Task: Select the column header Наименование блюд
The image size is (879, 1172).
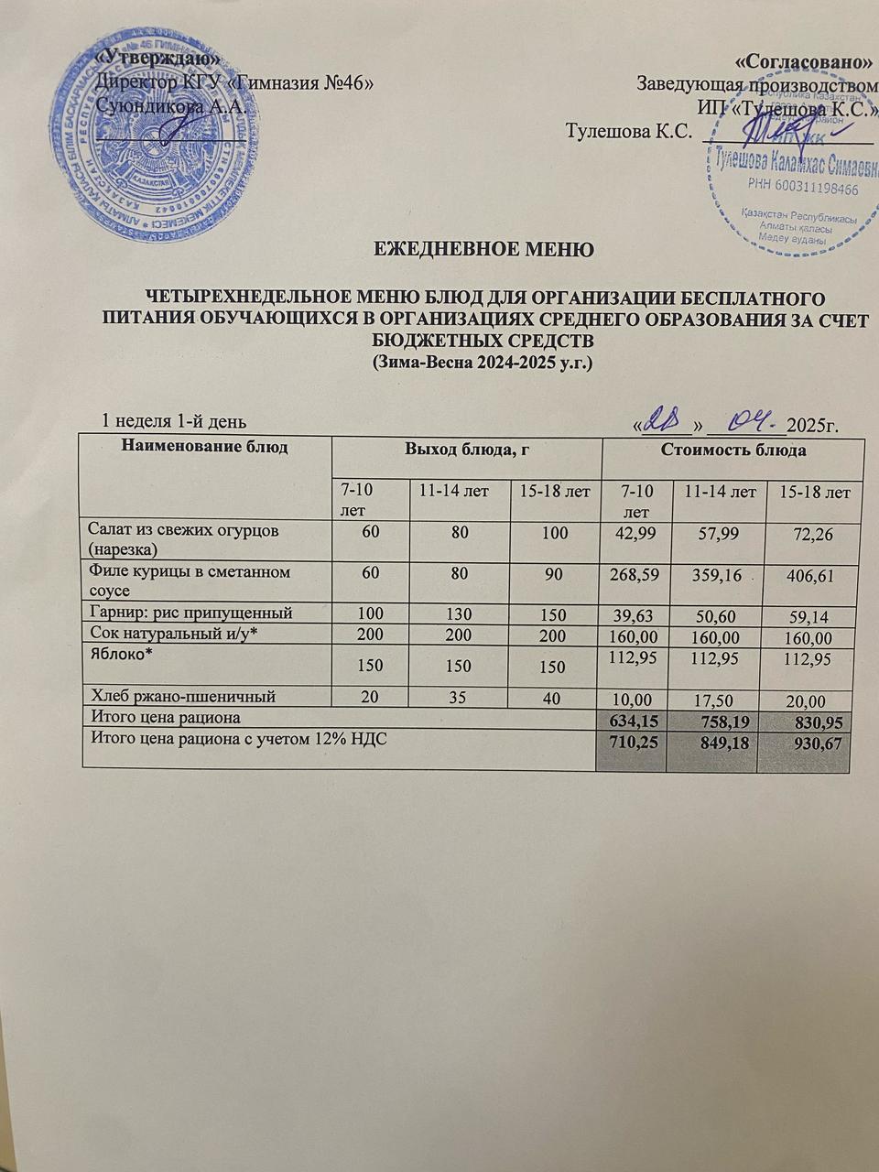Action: pos(204,448)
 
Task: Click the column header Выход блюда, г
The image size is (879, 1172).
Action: pos(468,449)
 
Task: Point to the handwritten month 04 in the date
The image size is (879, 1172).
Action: pos(747,421)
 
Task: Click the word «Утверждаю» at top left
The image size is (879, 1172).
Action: pos(158,58)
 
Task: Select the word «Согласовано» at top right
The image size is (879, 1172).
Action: pos(803,62)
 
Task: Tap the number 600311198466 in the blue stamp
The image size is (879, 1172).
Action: pos(803,189)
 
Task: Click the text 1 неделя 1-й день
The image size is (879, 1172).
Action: pos(173,420)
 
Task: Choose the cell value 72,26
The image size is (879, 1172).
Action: pos(811,534)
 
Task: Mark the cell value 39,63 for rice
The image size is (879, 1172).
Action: pos(638,614)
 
